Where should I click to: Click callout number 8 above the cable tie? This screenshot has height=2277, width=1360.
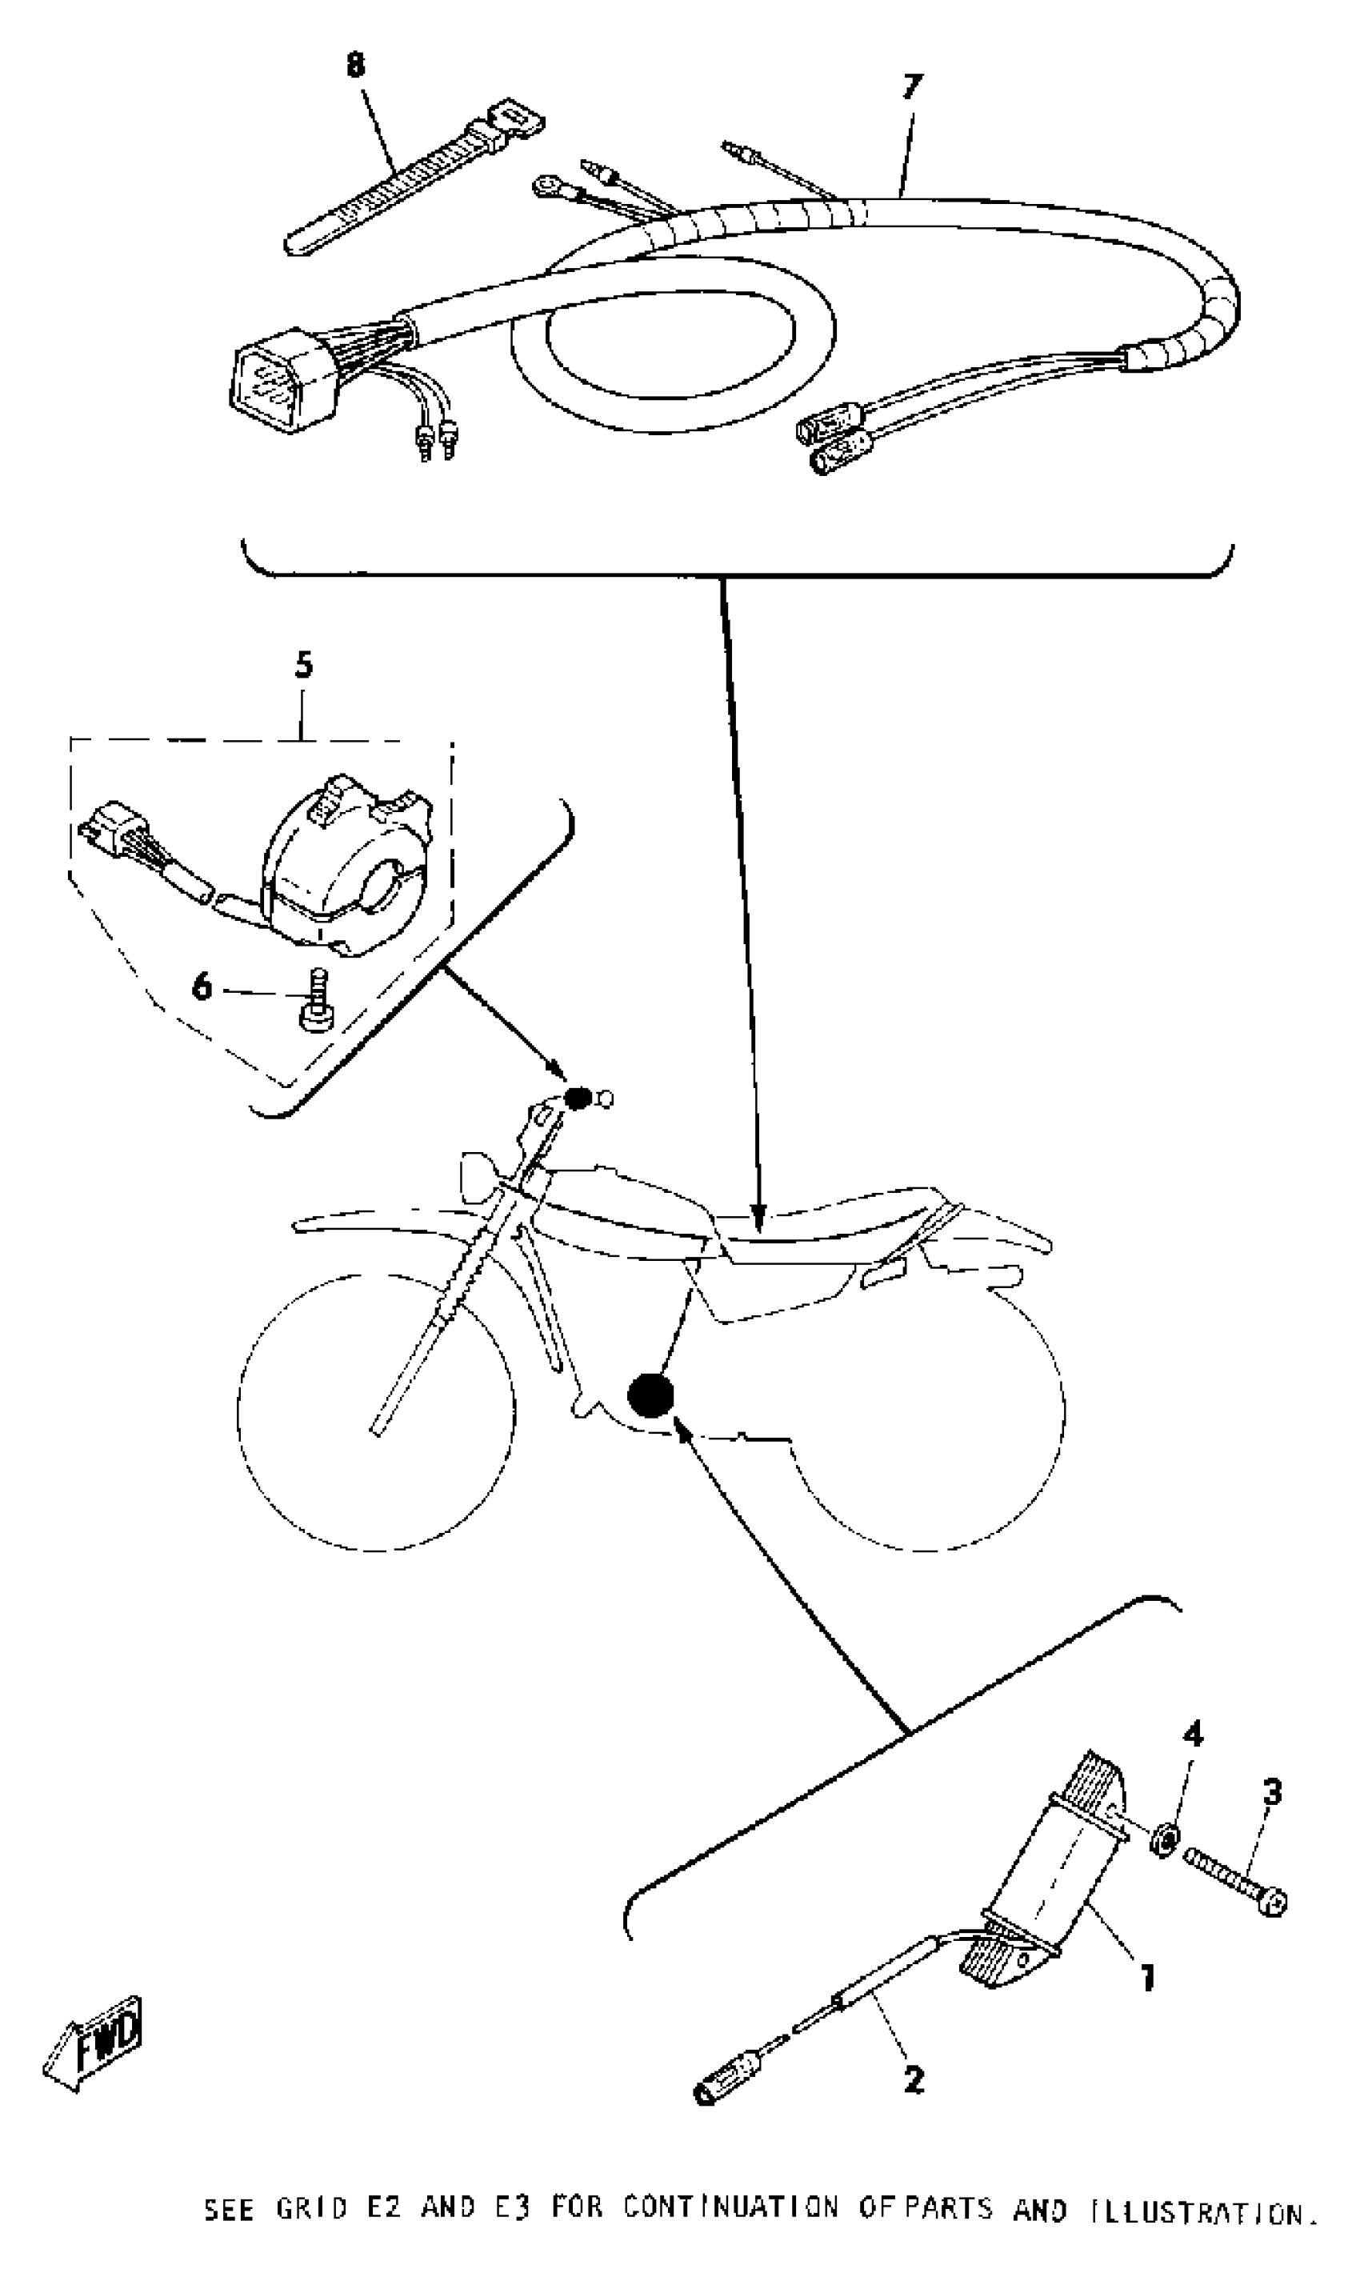tap(355, 65)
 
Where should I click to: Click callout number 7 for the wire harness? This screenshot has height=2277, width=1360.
tap(910, 87)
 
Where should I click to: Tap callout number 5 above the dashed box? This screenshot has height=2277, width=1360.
tap(303, 664)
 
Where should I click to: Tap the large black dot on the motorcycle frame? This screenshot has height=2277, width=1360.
tap(650, 1394)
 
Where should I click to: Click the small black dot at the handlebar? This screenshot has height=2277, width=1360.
tap(578, 1097)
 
